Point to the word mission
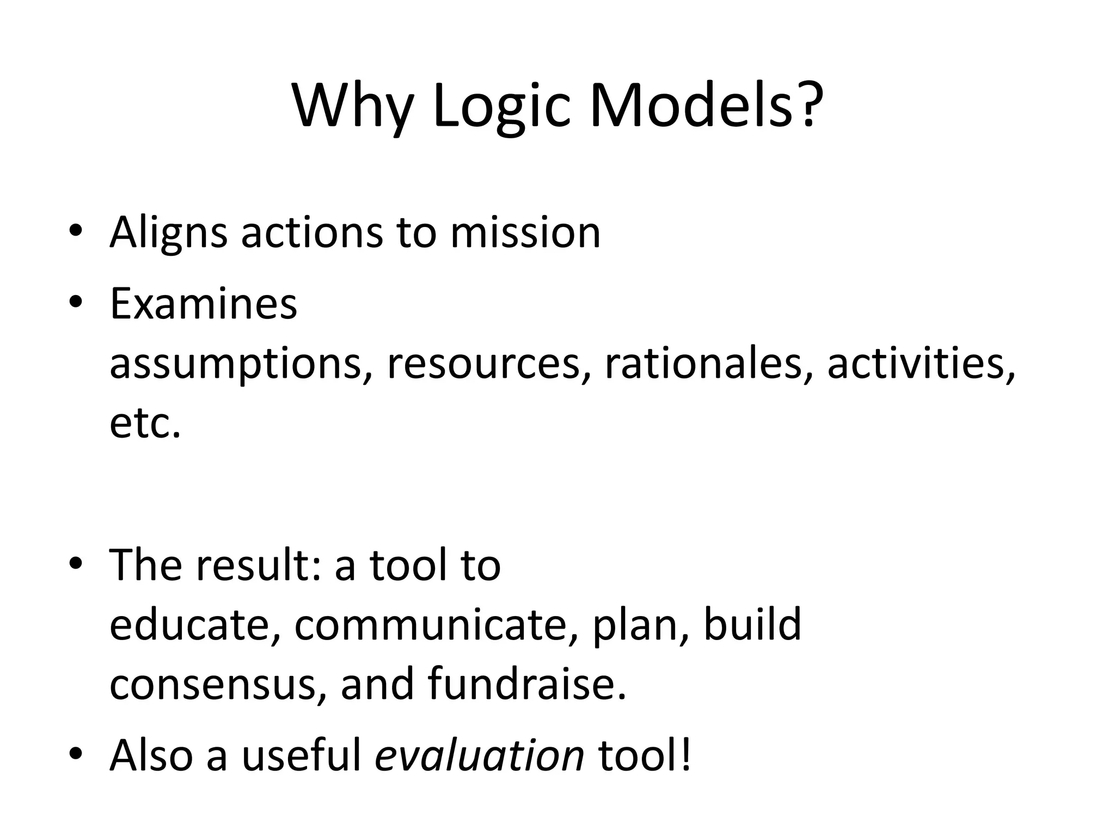coord(525,233)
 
